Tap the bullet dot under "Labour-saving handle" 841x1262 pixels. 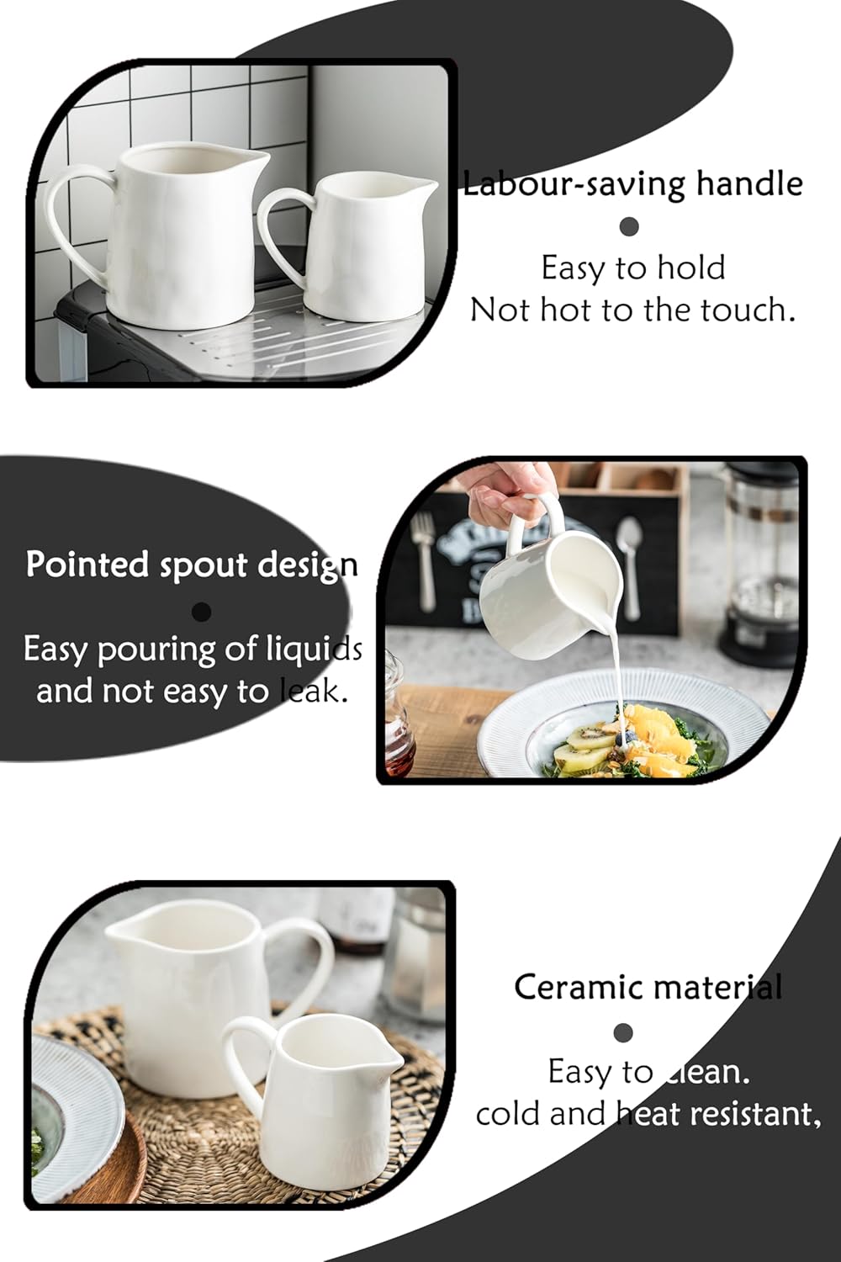[x=629, y=226]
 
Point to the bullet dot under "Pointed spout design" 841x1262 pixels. [x=201, y=612]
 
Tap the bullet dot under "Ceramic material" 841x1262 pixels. [x=623, y=1032]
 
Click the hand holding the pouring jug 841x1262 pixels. [x=503, y=496]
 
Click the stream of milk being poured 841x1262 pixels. [x=618, y=665]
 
